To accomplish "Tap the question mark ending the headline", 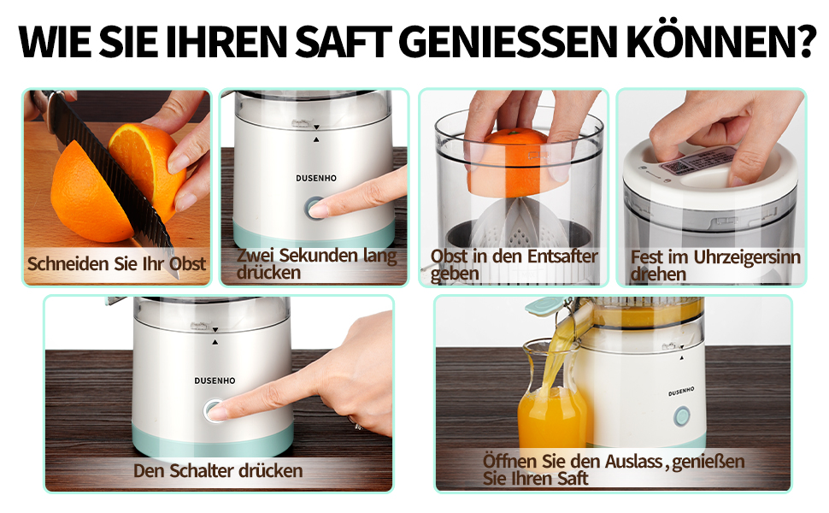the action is (x=805, y=40).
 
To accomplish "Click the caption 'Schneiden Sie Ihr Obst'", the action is (x=116, y=263).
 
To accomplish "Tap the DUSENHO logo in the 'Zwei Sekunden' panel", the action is (x=316, y=178).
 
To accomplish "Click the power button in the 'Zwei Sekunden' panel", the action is (x=315, y=208).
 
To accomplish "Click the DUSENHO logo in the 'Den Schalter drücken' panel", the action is (x=215, y=380).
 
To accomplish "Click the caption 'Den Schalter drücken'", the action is (x=218, y=471).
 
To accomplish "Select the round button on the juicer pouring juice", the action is (x=682, y=416).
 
